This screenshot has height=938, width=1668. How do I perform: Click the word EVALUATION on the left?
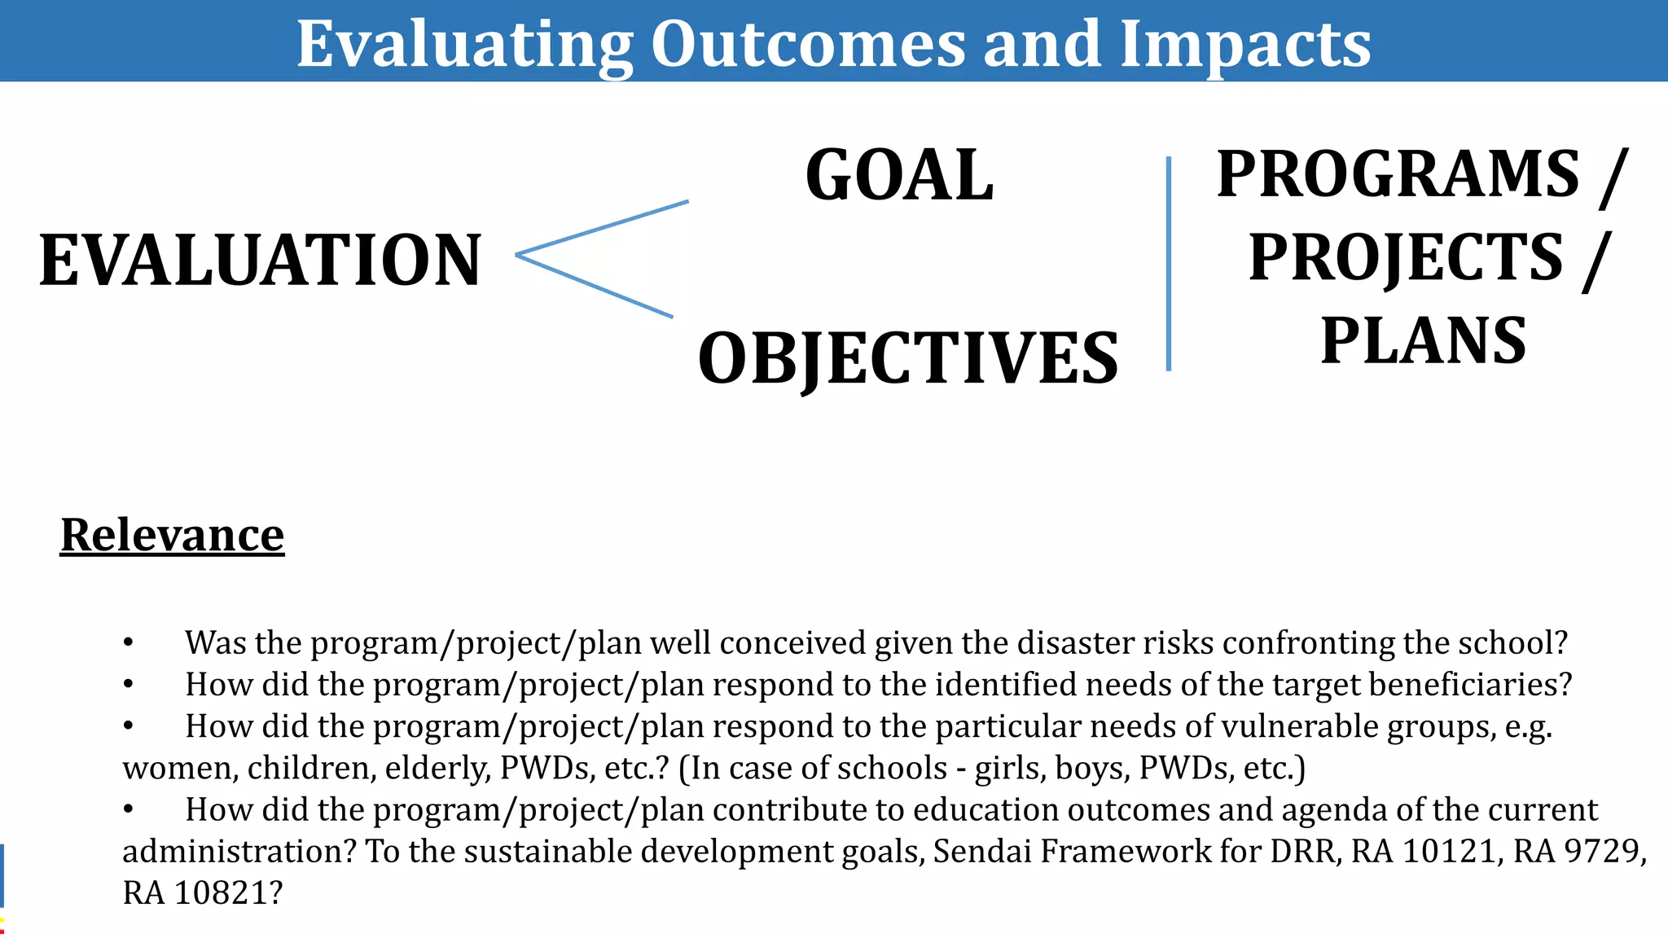(x=261, y=261)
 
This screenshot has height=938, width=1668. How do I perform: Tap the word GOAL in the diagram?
(x=899, y=176)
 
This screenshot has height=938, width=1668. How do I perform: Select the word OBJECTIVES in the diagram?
(x=908, y=358)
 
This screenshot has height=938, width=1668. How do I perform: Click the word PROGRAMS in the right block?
(x=1398, y=174)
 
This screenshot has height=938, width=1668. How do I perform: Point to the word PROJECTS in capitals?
(x=1406, y=257)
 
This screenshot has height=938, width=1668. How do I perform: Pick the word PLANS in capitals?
(x=1423, y=340)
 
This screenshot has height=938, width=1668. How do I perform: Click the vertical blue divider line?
(x=1169, y=264)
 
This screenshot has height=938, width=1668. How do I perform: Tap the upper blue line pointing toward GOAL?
(x=603, y=228)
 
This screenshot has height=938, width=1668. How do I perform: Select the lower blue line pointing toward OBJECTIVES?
(x=595, y=286)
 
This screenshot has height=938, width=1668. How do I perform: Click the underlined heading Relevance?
(x=172, y=535)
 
